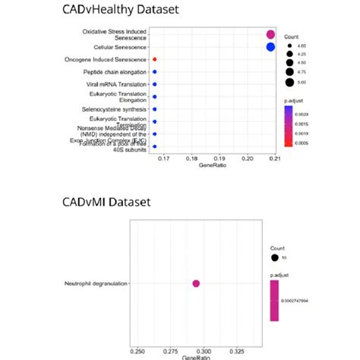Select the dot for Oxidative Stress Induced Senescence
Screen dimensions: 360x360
point(270,34)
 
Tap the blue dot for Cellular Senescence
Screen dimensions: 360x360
point(270,47)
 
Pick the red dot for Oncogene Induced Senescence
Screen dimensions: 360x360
point(155,59)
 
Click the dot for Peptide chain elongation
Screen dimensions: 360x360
point(155,72)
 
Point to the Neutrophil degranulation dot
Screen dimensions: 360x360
point(196,283)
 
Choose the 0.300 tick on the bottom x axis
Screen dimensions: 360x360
point(224,352)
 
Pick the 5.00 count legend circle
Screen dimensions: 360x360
point(291,82)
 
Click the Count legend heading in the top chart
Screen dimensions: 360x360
point(292,36)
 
